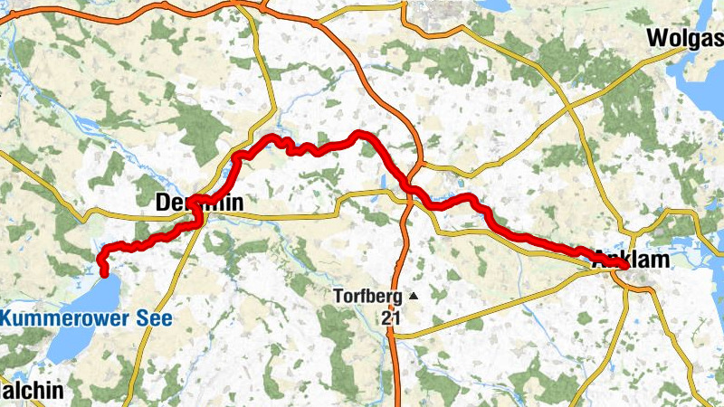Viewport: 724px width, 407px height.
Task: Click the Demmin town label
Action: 199,203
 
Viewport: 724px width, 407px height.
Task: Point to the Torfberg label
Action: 368,296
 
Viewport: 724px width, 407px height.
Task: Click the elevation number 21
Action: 390,317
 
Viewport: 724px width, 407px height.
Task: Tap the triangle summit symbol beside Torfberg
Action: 414,296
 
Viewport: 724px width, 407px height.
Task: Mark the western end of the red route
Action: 104,272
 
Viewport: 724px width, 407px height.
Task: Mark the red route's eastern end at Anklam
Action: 651,289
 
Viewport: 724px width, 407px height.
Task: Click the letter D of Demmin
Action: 164,203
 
